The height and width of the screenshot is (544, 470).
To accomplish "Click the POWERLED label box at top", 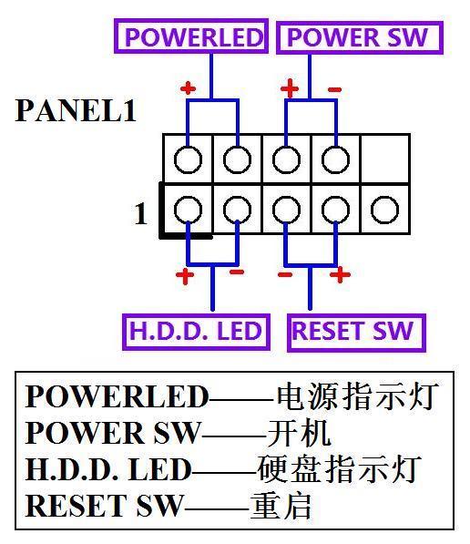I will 192,37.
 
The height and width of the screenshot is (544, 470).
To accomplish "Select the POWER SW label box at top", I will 357,37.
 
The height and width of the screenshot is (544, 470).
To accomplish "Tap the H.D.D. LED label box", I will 195,331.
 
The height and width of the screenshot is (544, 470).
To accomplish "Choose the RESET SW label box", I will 352,331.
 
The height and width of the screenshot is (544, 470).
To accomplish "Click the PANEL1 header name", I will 76,112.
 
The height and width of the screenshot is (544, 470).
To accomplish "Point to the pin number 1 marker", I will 140,214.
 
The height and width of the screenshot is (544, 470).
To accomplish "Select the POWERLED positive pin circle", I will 188,160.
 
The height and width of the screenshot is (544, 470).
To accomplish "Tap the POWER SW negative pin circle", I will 335,160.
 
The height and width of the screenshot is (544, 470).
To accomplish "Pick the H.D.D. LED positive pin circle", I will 188,210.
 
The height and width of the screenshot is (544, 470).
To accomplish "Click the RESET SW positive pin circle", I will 335,210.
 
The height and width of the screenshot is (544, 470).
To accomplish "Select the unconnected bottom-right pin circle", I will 384,210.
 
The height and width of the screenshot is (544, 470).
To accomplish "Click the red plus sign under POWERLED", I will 188,88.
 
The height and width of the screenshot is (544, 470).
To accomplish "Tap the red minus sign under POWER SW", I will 334,88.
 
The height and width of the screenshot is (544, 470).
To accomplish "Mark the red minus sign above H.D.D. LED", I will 236,272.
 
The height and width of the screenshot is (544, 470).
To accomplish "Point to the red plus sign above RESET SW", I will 339,273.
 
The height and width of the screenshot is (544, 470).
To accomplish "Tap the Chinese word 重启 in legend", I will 281,505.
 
